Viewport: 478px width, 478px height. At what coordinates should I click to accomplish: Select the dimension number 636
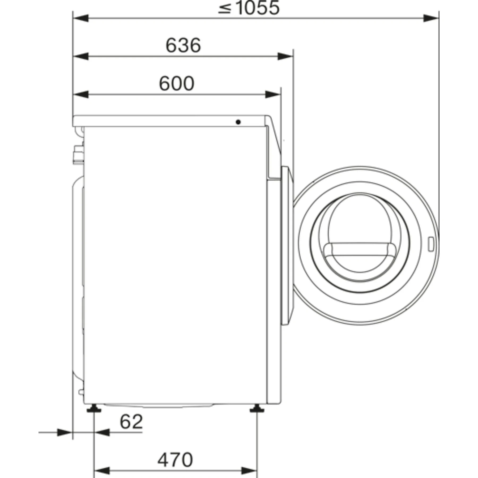coord(183,45)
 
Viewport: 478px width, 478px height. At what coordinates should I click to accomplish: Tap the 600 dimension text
coord(177,83)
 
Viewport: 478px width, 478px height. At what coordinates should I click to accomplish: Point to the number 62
coord(131,421)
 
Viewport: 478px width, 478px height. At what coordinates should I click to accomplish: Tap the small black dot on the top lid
coord(238,122)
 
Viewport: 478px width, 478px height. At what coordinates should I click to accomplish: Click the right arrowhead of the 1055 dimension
coord(431,18)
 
